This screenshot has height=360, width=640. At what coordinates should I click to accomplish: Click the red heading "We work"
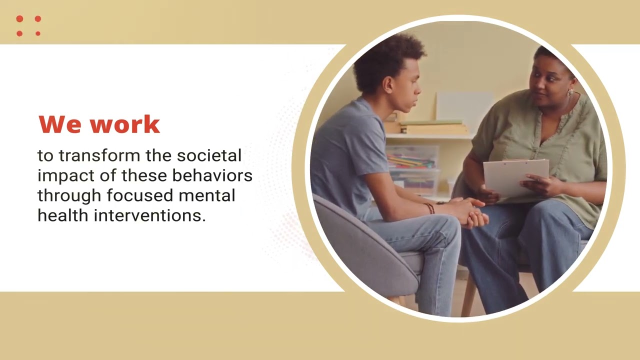(99, 124)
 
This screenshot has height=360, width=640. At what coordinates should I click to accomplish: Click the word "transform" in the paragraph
(99, 155)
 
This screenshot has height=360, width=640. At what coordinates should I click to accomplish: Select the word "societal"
(209, 155)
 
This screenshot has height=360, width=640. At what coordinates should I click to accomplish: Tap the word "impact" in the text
(66, 176)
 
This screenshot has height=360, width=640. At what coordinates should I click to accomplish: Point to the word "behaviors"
(212, 175)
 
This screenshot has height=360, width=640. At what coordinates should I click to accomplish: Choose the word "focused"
(140, 195)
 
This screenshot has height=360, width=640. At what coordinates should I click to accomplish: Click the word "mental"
(207, 195)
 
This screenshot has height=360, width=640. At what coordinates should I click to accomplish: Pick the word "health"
(63, 215)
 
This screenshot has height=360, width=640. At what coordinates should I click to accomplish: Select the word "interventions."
(149, 215)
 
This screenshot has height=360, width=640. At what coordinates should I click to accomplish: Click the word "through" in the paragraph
(69, 196)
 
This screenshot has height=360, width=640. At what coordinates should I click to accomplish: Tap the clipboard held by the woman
(516, 178)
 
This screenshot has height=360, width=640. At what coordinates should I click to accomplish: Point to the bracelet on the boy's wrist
(429, 208)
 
